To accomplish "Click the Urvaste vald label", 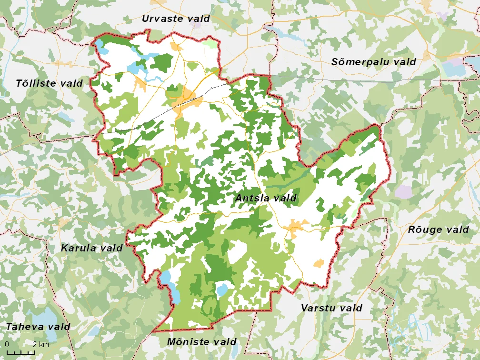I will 176,19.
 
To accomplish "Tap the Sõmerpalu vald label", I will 373,62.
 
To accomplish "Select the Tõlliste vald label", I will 49,83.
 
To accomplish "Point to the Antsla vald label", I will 266,198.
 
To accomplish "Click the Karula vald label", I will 91,248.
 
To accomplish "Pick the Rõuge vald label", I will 438,230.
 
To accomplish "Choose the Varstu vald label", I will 331,308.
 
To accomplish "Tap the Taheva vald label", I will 38,327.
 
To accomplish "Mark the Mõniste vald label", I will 201,342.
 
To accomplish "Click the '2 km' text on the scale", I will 40,344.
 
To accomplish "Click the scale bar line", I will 21,352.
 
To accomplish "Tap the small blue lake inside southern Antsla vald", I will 222,290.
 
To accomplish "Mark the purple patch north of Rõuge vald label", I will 403,191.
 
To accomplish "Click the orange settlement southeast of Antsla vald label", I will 295,227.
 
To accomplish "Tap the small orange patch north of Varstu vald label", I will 318,263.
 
